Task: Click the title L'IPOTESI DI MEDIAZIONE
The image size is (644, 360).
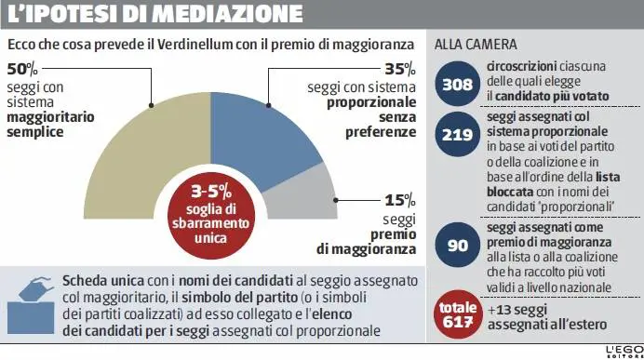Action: [154, 17]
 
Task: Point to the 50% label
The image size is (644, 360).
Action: [22, 71]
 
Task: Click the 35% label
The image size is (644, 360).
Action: [399, 71]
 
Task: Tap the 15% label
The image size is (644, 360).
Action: [400, 200]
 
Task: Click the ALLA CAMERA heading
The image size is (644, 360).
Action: [476, 46]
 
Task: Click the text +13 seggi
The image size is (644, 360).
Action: [516, 308]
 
